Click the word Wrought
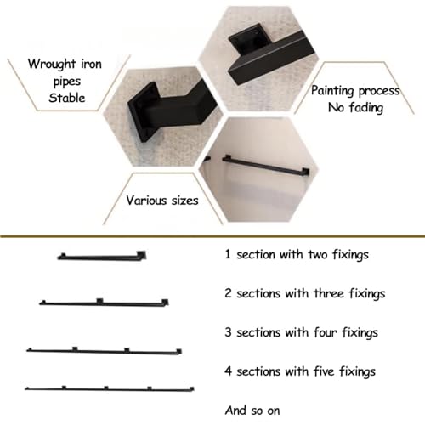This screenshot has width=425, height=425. pyautogui.click(x=52, y=64)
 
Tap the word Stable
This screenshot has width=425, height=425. pyautogui.click(x=67, y=98)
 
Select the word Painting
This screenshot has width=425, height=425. pyautogui.click(x=332, y=91)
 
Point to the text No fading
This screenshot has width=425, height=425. pyautogui.click(x=355, y=108)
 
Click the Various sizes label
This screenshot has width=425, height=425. pyautogui.click(x=162, y=201)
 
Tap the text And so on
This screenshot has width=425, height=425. pyautogui.click(x=252, y=411)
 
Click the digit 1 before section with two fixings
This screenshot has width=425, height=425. pyautogui.click(x=228, y=254)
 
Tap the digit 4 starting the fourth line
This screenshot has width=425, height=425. pyautogui.click(x=229, y=371)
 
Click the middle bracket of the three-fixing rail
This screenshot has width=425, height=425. pyautogui.click(x=99, y=301)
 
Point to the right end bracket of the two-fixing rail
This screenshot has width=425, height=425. pyautogui.click(x=141, y=255)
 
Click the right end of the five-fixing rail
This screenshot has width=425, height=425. pyautogui.click(x=192, y=389)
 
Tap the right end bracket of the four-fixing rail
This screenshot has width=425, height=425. pyautogui.click(x=178, y=351)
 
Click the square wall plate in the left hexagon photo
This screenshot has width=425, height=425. pyautogui.click(x=142, y=112)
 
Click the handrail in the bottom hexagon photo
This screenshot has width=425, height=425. pyautogui.click(x=265, y=165)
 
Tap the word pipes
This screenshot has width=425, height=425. pyautogui.click(x=67, y=82)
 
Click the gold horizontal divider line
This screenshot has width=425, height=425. pyautogui.click(x=212, y=236)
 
